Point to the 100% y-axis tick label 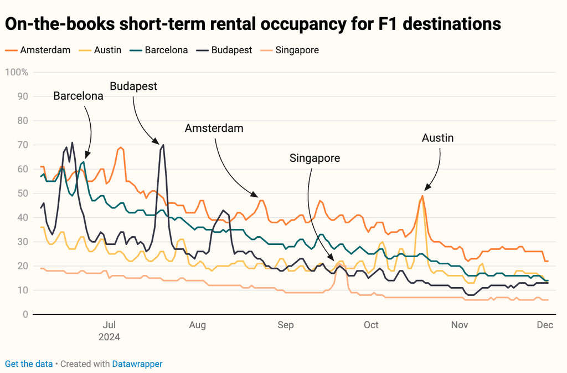[17, 72]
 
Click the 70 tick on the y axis [23, 145]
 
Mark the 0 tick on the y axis [25, 314]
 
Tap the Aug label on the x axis [198, 325]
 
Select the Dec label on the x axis [545, 325]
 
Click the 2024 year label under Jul [109, 336]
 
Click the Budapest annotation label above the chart [133, 86]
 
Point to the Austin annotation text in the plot [437, 137]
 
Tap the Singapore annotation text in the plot [315, 158]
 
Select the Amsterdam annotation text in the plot [214, 128]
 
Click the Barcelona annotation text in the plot [78, 96]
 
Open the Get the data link [29, 364]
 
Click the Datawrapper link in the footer [137, 364]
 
